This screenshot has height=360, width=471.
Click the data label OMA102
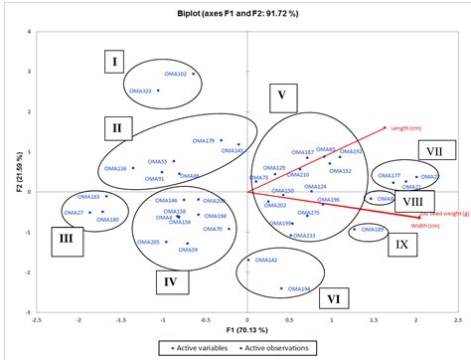[174, 74]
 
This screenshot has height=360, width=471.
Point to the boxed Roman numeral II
[116, 127]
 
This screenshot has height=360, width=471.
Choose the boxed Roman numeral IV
[171, 281]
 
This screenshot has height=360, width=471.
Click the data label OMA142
[265, 260]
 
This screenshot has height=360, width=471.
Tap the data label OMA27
[74, 213]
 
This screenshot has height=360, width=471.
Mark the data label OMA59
[188, 250]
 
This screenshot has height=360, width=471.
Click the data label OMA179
[203, 141]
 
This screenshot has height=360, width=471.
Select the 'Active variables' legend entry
[197, 348]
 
